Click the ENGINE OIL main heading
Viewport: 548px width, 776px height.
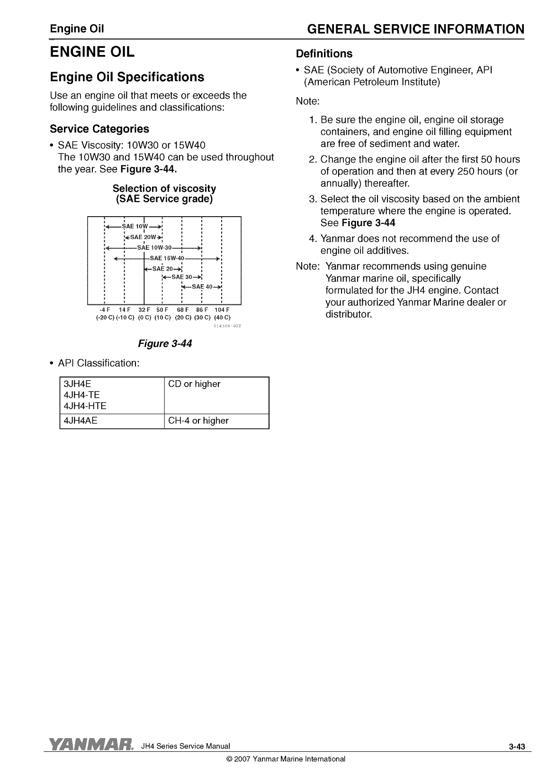(92, 52)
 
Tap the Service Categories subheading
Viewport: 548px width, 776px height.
(99, 129)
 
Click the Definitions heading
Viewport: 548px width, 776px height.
(324, 54)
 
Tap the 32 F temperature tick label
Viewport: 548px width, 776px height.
(144, 310)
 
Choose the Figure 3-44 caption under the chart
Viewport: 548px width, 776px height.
(164, 344)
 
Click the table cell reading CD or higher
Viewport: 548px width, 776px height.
(194, 384)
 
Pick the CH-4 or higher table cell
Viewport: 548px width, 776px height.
(198, 420)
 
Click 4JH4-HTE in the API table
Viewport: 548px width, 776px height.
(85, 406)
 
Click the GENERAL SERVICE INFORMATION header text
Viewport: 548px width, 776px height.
(415, 29)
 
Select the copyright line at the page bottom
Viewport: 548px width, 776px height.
(286, 759)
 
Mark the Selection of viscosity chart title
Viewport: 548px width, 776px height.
(164, 194)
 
